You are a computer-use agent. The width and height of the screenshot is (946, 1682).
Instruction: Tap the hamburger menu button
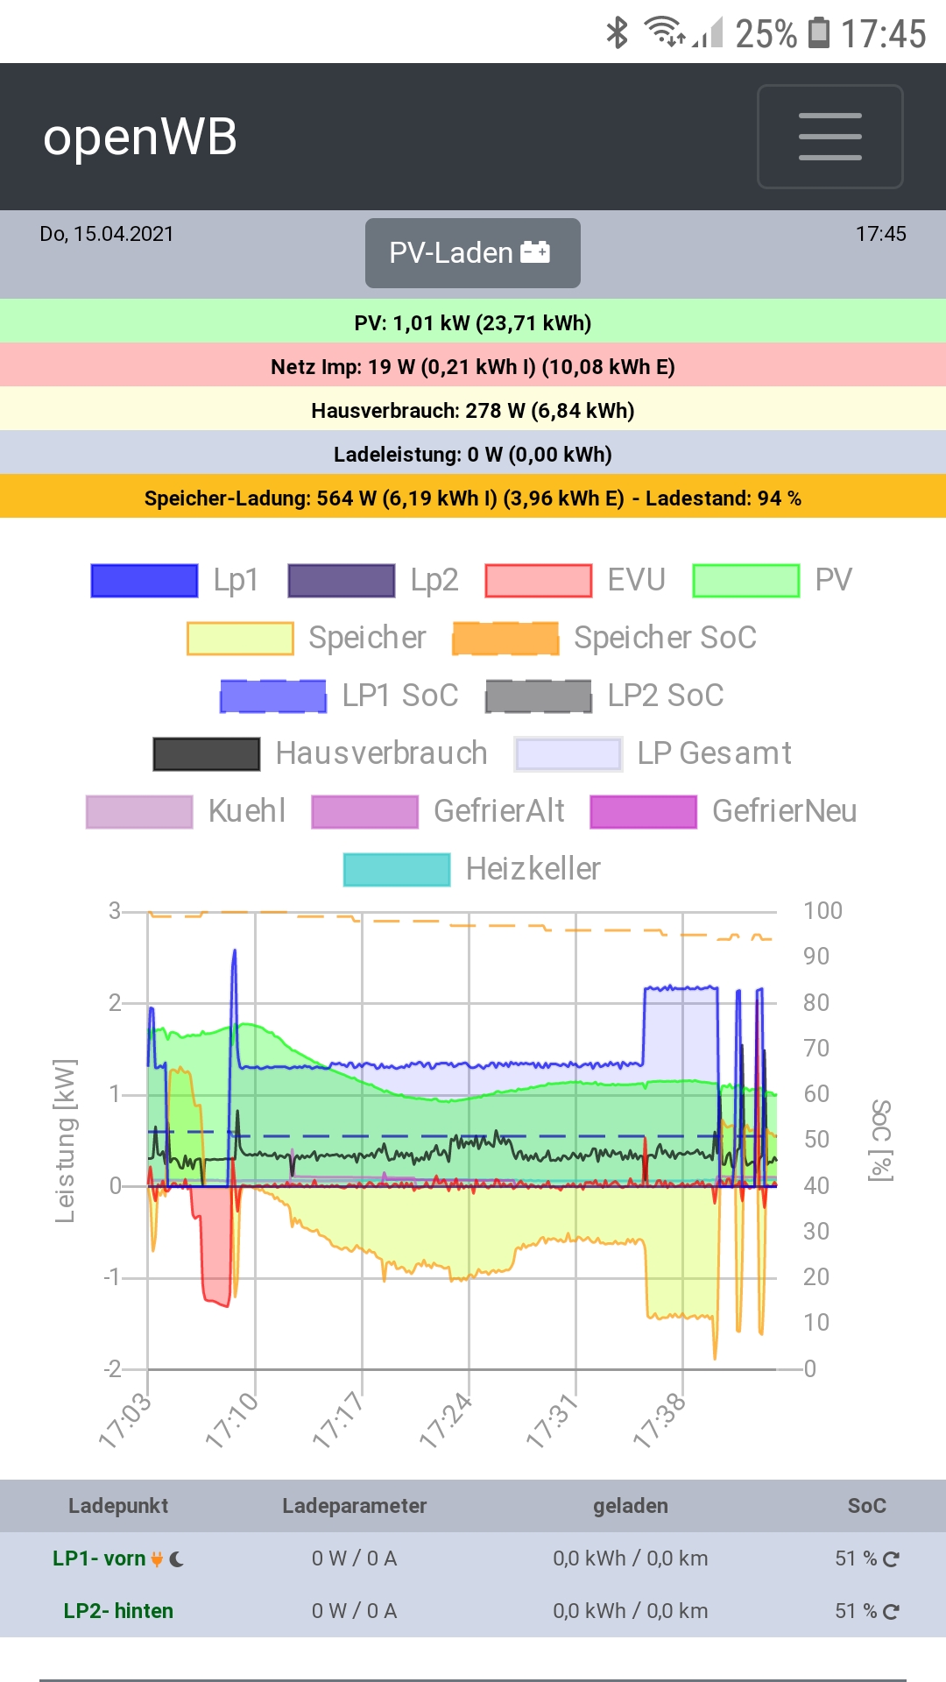tap(830, 137)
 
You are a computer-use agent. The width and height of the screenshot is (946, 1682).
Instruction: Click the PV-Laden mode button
tap(472, 253)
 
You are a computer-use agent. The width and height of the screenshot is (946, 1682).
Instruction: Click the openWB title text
tap(140, 138)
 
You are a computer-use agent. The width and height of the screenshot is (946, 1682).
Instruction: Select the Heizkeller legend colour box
tap(397, 869)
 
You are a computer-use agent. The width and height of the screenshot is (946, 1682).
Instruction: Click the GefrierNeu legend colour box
tap(644, 811)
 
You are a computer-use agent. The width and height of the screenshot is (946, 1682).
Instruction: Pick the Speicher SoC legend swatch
tap(505, 638)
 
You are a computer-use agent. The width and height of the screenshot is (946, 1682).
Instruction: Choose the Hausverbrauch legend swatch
tap(207, 753)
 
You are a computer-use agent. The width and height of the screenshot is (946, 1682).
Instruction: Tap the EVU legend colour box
tap(539, 580)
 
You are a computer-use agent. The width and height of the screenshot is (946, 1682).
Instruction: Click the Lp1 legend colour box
tap(145, 580)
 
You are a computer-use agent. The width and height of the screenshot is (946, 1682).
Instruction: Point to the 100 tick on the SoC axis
tap(822, 911)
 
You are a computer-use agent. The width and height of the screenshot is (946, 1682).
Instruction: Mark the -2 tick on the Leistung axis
tap(113, 1368)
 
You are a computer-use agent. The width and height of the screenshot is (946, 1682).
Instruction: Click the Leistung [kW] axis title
tap(65, 1140)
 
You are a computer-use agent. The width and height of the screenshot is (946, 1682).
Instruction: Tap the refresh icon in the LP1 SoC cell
tap(891, 1558)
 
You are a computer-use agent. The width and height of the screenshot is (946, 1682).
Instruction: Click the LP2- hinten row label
tap(118, 1611)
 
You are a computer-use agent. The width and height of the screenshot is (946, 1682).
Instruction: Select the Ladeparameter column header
tap(354, 1506)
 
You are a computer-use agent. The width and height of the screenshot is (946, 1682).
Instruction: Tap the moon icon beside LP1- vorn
tap(177, 1558)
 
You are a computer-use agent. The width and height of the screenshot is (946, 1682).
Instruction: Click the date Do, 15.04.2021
tap(107, 234)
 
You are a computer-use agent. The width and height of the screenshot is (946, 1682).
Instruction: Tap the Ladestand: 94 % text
tap(723, 498)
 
